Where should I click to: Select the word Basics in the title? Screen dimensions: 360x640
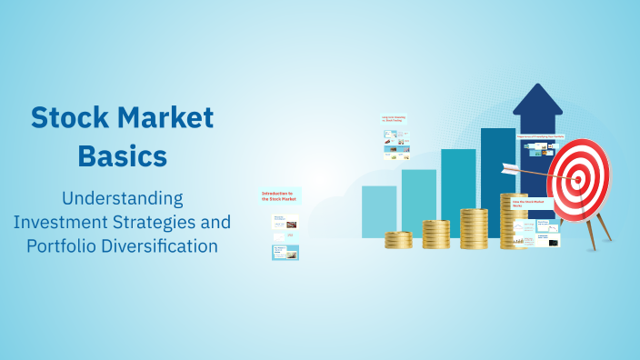point(122,155)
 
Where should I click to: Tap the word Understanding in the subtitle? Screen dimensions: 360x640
point(122,198)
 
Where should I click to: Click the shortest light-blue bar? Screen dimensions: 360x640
point(379,211)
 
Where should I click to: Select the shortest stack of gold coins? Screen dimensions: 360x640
point(398,240)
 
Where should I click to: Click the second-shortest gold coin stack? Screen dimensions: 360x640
point(436,235)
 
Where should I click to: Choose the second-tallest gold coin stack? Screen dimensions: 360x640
point(474,228)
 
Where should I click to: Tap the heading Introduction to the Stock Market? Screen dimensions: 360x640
point(280,195)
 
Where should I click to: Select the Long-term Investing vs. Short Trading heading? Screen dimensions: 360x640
point(393,119)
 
